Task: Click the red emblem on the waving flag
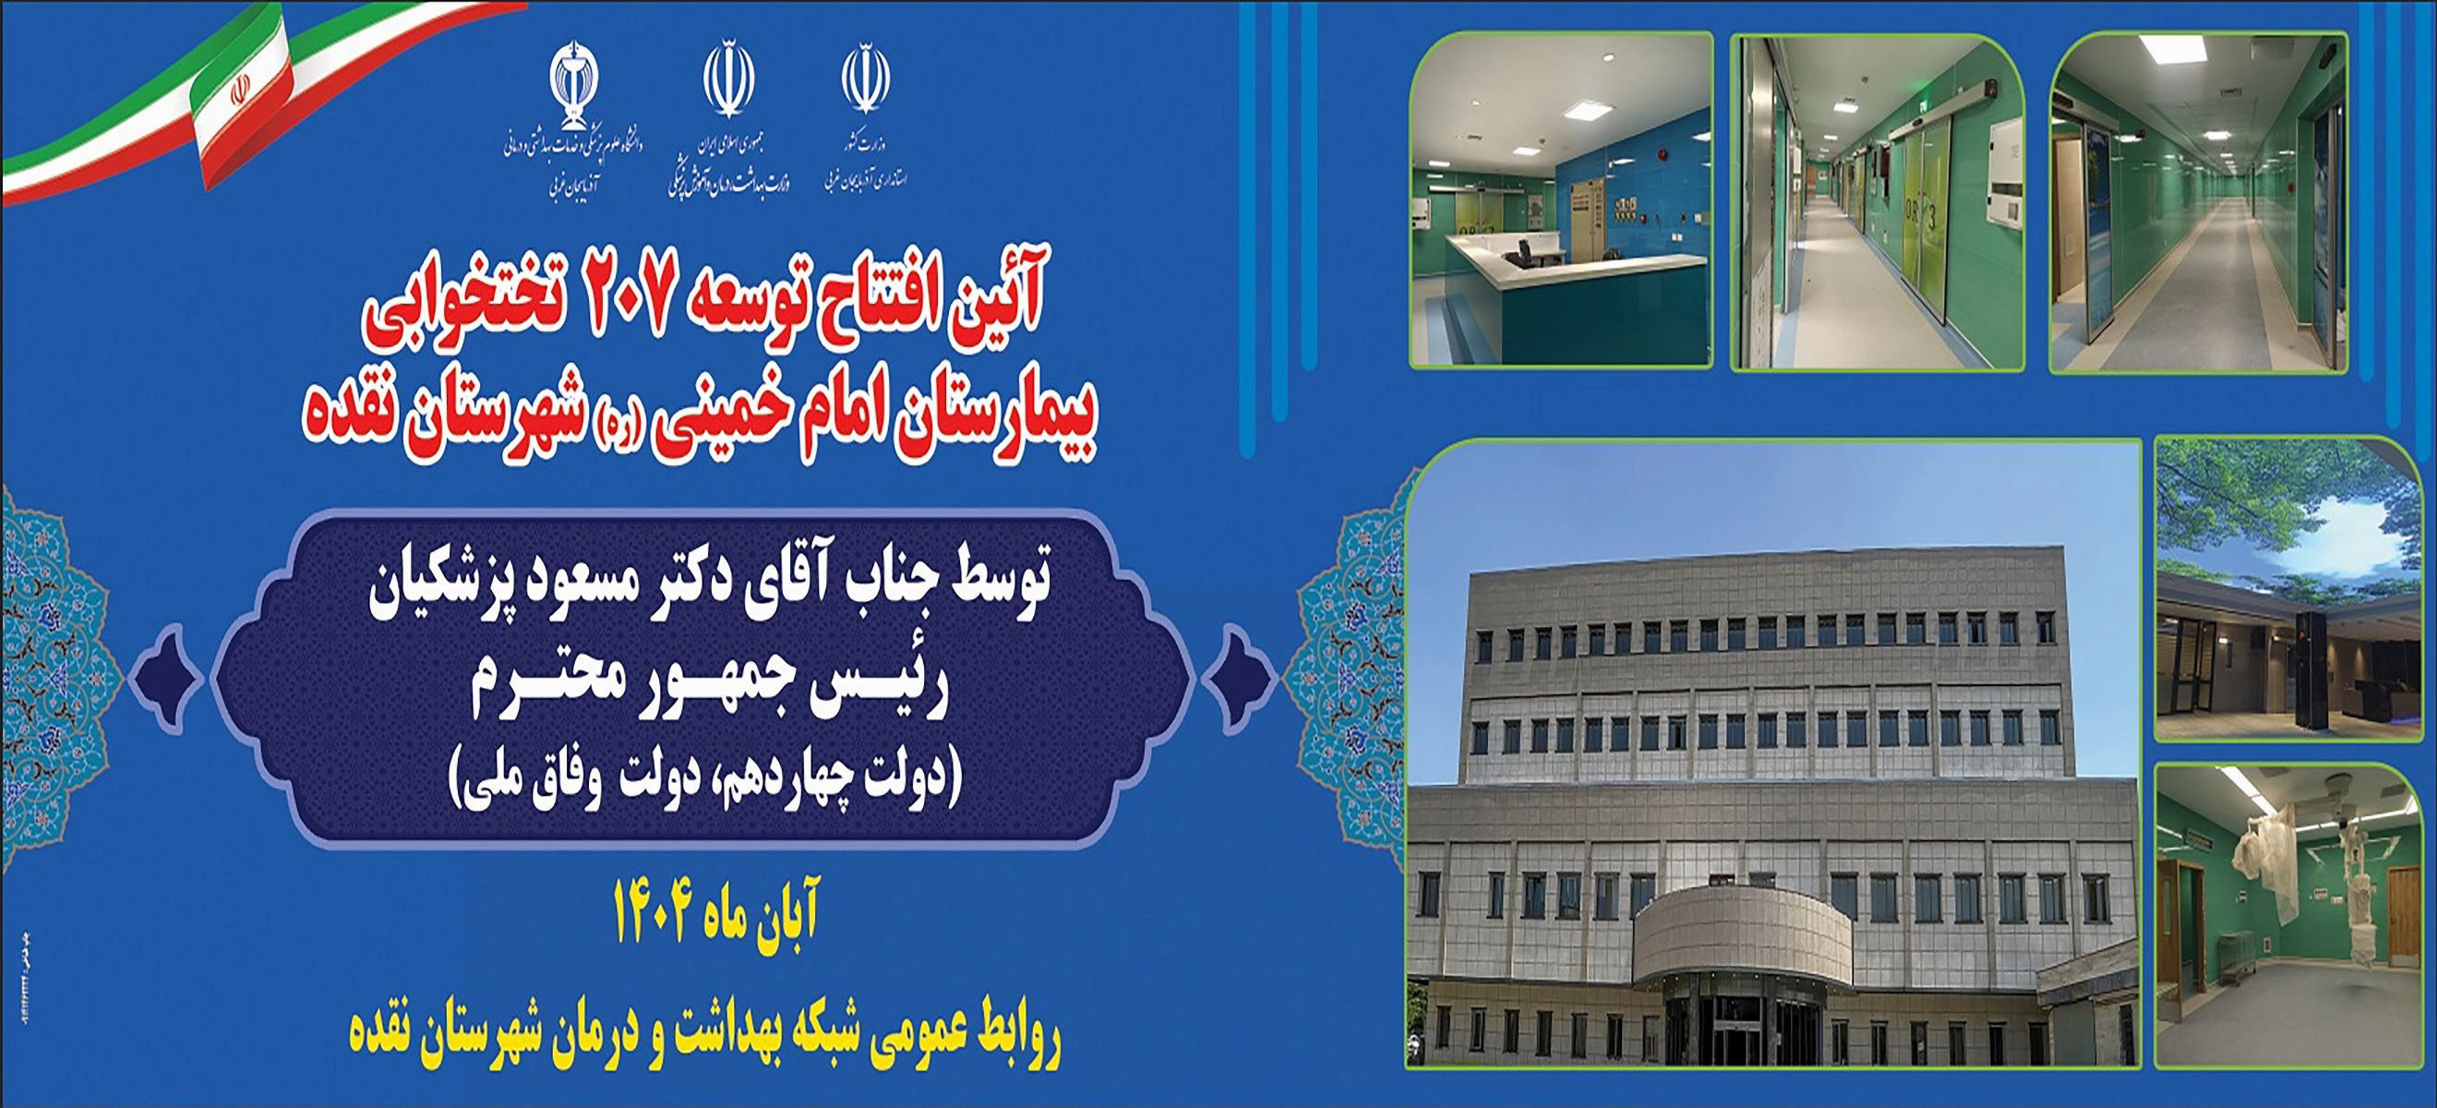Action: [238, 93]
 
